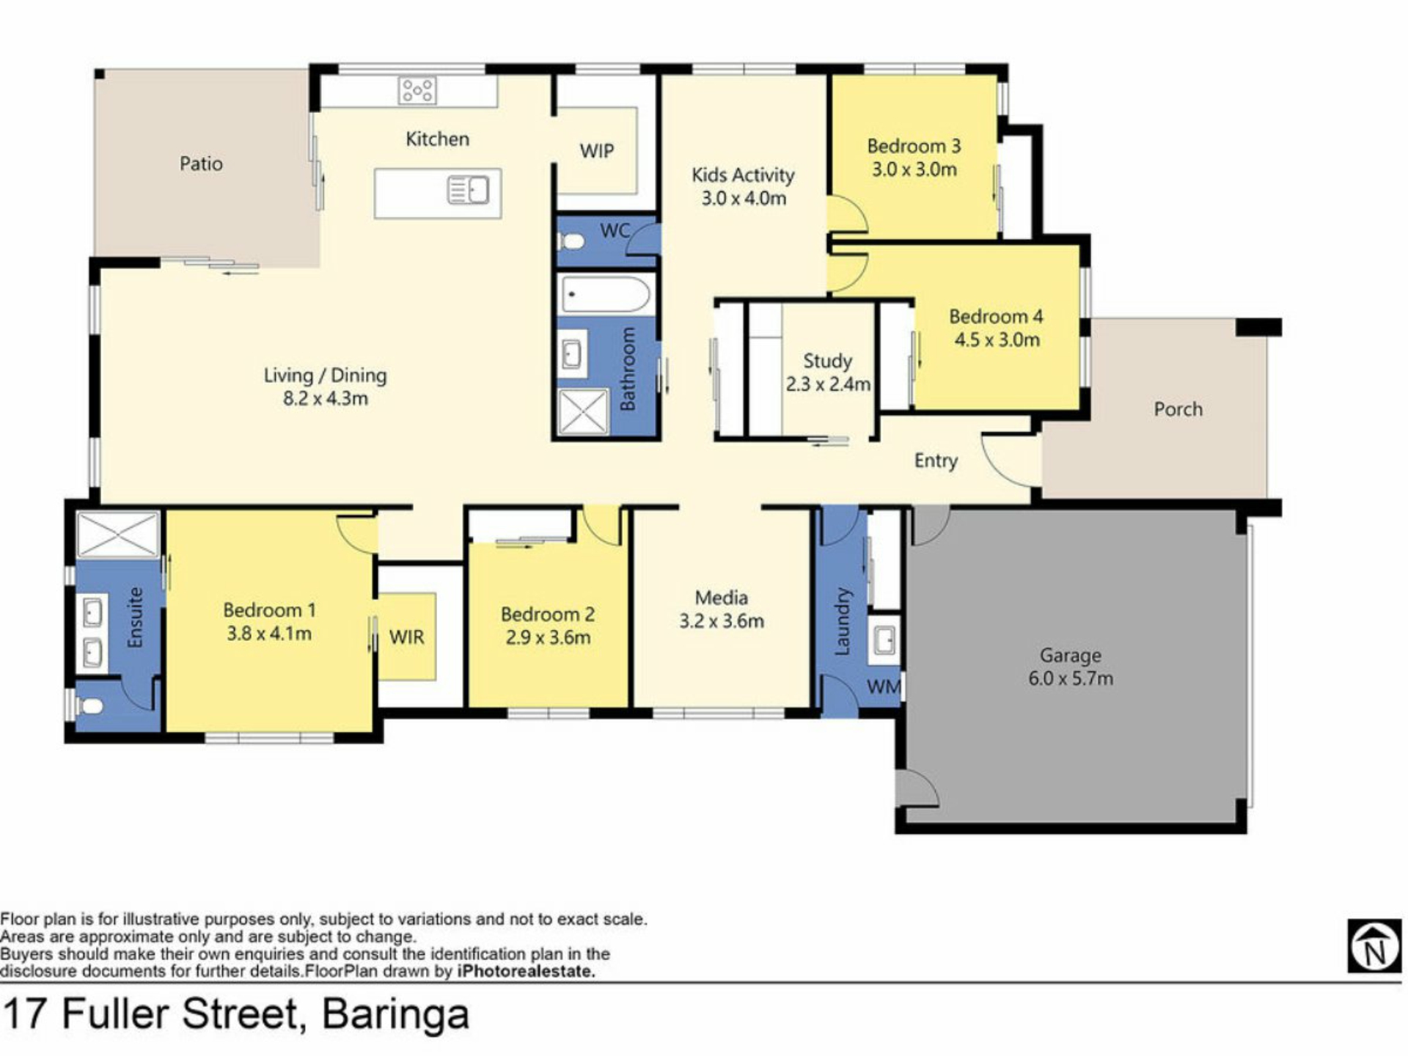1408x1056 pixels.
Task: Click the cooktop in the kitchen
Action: click(417, 91)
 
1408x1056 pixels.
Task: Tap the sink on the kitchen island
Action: click(469, 191)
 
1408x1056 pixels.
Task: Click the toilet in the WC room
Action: click(571, 240)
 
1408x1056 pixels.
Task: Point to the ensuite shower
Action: click(118, 535)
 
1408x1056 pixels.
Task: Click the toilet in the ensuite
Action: click(89, 706)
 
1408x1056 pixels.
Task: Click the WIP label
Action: click(597, 151)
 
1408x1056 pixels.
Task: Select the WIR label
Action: click(406, 637)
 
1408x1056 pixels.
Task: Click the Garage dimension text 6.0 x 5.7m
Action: click(1070, 678)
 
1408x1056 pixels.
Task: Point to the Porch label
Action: click(1178, 409)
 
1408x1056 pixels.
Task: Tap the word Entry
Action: click(936, 461)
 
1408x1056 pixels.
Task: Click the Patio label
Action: click(201, 164)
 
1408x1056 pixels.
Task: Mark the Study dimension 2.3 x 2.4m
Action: click(828, 384)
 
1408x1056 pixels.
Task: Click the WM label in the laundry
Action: click(884, 687)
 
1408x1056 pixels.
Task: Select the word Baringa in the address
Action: click(395, 1014)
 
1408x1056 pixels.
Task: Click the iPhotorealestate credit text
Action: click(526, 972)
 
